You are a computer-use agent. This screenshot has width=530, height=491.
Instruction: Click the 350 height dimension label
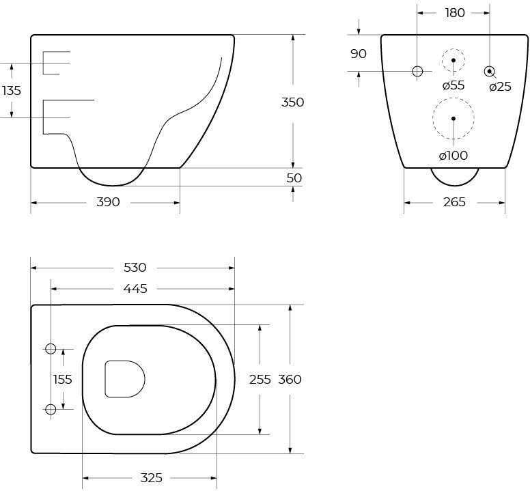pyautogui.click(x=292, y=102)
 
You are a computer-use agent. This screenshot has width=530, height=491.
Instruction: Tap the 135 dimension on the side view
pyautogui.click(x=10, y=90)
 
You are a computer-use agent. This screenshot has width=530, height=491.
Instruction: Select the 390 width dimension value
pyautogui.click(x=108, y=202)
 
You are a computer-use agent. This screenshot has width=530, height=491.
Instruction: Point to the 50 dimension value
pyautogui.click(x=294, y=178)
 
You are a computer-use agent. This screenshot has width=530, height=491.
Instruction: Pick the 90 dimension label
pyautogui.click(x=359, y=53)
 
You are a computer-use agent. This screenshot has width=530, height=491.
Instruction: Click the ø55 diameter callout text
pyautogui.click(x=453, y=85)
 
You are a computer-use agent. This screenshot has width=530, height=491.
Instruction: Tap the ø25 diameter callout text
pyautogui.click(x=499, y=87)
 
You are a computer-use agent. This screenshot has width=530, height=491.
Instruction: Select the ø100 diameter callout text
pyautogui.click(x=453, y=156)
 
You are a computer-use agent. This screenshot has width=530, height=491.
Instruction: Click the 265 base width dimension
pyautogui.click(x=454, y=202)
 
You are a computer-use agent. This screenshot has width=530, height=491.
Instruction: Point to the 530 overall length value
pyautogui.click(x=133, y=267)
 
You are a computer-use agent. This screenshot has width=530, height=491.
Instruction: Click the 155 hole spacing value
pyautogui.click(x=63, y=380)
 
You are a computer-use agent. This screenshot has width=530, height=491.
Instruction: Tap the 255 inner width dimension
pyautogui.click(x=260, y=380)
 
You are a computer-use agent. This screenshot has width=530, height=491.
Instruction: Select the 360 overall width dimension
pyautogui.click(x=290, y=380)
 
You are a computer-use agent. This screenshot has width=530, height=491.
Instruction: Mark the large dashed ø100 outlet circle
pyautogui.click(x=453, y=118)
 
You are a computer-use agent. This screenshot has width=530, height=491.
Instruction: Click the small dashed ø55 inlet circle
pyautogui.click(x=453, y=61)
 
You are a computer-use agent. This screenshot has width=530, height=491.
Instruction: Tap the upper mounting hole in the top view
pyautogui.click(x=50, y=349)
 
